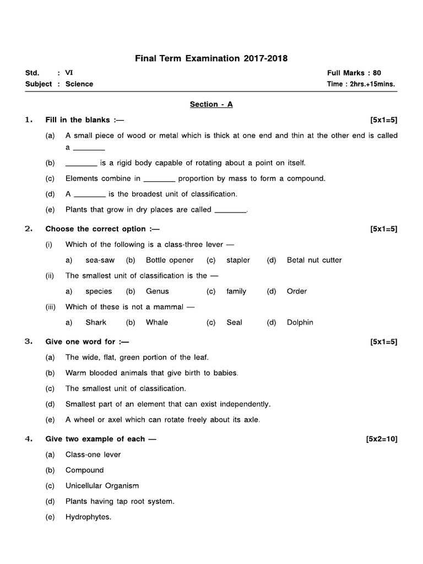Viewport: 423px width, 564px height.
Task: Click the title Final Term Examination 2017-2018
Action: [211, 58]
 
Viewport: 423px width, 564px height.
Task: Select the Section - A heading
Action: [211, 104]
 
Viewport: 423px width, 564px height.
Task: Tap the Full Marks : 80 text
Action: [354, 73]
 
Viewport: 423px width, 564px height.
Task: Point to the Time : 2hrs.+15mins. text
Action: [361, 84]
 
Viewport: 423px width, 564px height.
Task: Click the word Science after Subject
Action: [79, 84]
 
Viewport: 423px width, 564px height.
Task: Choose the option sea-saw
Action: [100, 260]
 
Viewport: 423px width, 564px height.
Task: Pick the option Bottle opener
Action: [170, 260]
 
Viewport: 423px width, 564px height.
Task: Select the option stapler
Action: [238, 260]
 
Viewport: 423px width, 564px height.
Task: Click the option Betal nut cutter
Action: [314, 260]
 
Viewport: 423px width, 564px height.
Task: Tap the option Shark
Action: [96, 322]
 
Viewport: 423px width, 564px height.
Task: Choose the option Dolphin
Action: [300, 322]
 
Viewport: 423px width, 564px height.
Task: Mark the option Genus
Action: [158, 291]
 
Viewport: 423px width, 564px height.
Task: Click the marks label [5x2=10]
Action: [381, 439]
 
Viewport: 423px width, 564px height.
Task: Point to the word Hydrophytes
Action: [88, 517]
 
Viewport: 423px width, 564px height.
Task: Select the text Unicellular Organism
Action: [102, 486]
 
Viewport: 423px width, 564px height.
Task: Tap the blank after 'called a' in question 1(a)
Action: [89, 148]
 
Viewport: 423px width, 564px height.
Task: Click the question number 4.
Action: [28, 439]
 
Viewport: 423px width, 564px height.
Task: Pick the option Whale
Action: [157, 322]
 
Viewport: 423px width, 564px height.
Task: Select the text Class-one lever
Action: [93, 454]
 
